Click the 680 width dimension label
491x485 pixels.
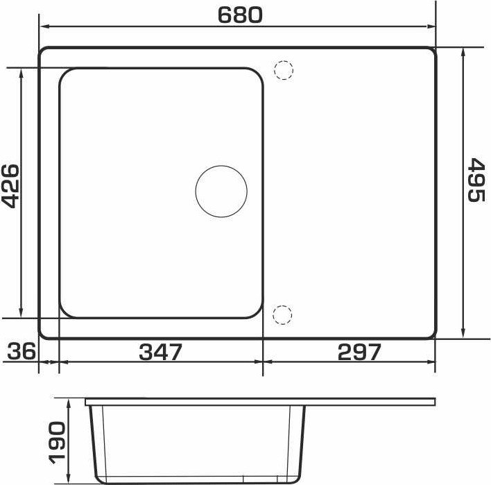pyautogui.click(x=240, y=15)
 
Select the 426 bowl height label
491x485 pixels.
pyautogui.click(x=11, y=186)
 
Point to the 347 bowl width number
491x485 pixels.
pyautogui.click(x=160, y=352)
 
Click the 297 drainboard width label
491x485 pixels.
pyautogui.click(x=359, y=352)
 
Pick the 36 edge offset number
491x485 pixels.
pyautogui.click(x=21, y=351)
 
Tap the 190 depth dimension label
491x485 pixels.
pyautogui.click(x=57, y=442)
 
